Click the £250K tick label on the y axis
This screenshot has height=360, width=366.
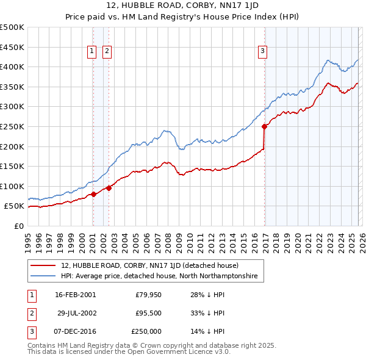click(x=12, y=126)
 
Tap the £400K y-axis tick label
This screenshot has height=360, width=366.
click(x=12, y=67)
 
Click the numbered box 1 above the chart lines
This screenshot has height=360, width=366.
click(x=92, y=52)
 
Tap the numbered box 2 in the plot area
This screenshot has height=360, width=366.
click(x=107, y=52)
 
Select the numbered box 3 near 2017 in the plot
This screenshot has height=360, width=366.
click(x=263, y=52)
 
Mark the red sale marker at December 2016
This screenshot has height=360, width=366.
click(x=264, y=127)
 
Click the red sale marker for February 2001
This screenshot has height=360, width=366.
click(x=93, y=194)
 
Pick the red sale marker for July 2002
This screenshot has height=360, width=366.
click(x=109, y=188)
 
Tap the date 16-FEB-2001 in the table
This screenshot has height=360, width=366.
click(x=75, y=295)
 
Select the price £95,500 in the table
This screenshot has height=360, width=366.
click(x=148, y=313)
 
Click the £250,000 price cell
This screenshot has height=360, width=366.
click(x=146, y=331)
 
